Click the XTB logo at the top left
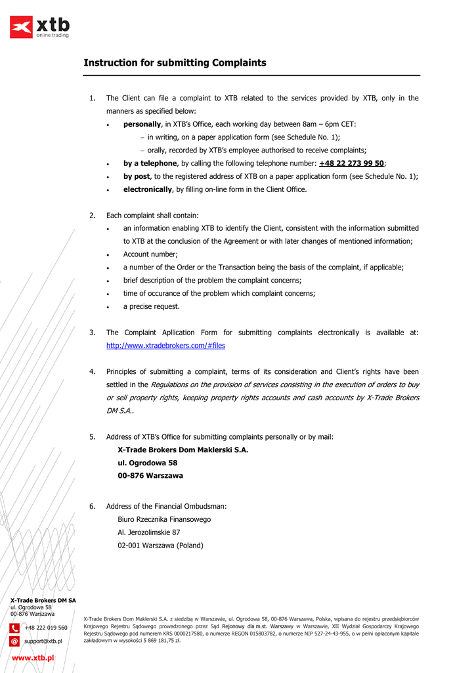[x=39, y=27]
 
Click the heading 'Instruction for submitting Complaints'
[x=175, y=63]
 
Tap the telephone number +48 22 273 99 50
[x=351, y=163]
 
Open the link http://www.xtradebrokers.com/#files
[x=165, y=346]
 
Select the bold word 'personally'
[x=142, y=124]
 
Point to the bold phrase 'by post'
[x=136, y=176]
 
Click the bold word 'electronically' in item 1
[x=147, y=189]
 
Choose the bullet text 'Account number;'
[x=150, y=254]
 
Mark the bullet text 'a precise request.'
[x=151, y=306]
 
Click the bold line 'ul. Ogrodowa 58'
[x=147, y=463]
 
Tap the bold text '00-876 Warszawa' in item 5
[x=150, y=476]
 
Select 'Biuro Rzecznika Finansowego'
[x=164, y=519]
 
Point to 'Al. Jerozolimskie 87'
[x=148, y=532]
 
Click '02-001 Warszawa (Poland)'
[x=160, y=545]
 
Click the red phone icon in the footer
[x=14, y=628]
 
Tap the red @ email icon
[x=14, y=641]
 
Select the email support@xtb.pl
[x=43, y=641]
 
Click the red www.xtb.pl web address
[x=33, y=657]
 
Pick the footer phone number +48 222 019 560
[x=46, y=628]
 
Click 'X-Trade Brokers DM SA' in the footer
[x=43, y=600]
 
